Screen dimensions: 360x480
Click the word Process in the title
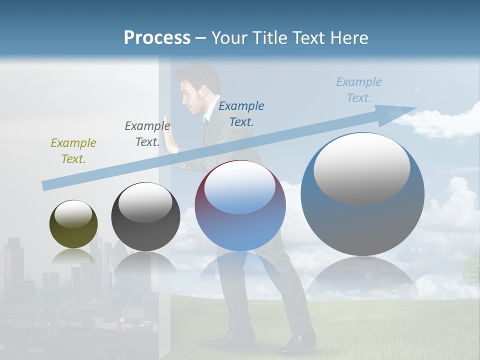coord(157,38)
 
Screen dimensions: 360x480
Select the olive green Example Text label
coord(73,151)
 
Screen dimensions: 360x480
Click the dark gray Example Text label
coord(147,134)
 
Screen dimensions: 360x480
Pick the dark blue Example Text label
coord(241,113)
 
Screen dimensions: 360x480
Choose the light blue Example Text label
coord(358,90)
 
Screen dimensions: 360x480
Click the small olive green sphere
coord(73,224)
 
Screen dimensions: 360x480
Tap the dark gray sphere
coord(145,217)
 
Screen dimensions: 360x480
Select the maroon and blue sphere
coord(240,206)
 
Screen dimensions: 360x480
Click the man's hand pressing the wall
coord(172,141)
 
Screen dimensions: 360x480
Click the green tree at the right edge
coord(472,267)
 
